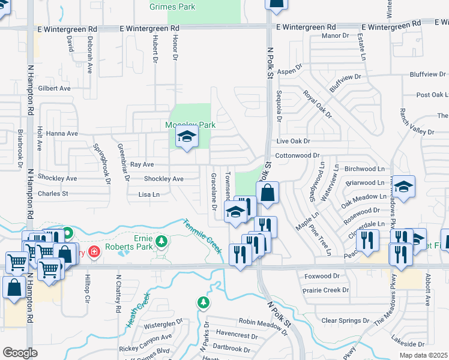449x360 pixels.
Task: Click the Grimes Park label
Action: tap(172, 7)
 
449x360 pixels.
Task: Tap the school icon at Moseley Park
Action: tap(187, 137)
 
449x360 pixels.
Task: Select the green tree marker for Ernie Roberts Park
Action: tap(161, 241)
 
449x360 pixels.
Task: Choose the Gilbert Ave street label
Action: tap(54, 88)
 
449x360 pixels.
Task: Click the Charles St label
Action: tap(53, 194)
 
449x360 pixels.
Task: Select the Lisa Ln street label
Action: tap(149, 194)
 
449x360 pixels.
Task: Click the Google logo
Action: tap(20, 353)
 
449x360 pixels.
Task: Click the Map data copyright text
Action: tap(423, 355)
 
